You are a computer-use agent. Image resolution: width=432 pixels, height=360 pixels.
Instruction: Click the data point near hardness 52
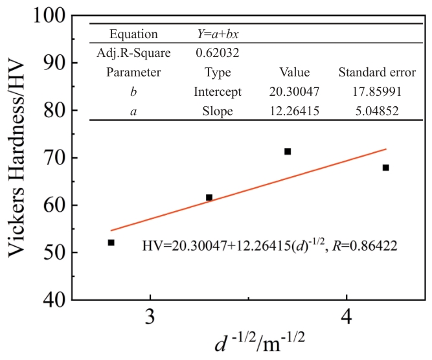(111, 243)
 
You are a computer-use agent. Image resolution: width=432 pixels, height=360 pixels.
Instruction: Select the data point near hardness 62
(209, 197)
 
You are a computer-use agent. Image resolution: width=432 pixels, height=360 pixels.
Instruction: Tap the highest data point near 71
(288, 152)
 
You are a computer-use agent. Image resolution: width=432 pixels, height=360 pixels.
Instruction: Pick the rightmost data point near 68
(385, 168)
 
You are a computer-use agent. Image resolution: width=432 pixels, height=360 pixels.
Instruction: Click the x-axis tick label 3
(150, 321)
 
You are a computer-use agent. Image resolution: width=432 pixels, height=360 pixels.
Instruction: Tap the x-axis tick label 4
(347, 321)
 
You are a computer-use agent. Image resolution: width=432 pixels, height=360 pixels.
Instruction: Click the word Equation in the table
(133, 33)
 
